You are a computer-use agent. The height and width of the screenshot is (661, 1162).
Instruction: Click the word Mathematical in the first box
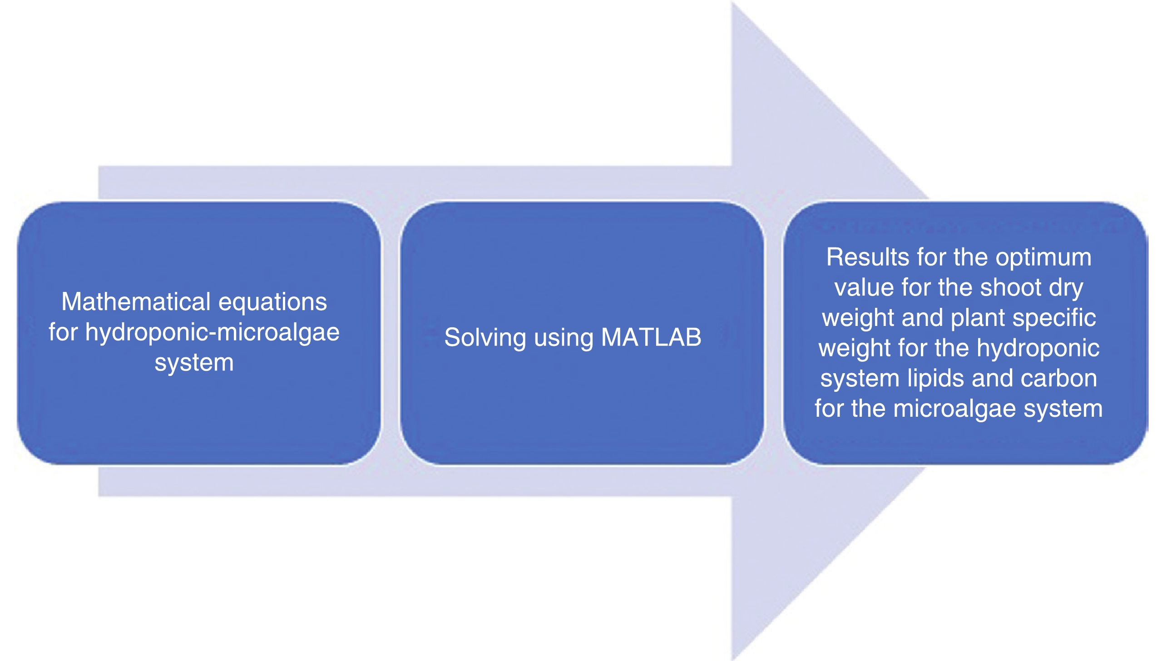[137, 302]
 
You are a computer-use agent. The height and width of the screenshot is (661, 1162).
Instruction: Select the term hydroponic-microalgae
[213, 332]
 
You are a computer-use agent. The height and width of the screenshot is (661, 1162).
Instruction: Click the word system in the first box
[194, 362]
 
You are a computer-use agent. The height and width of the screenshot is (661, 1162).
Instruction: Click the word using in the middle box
[564, 338]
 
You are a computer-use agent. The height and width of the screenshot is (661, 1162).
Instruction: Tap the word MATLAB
[651, 337]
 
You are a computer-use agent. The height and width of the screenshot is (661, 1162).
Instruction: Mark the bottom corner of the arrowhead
[732, 658]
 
